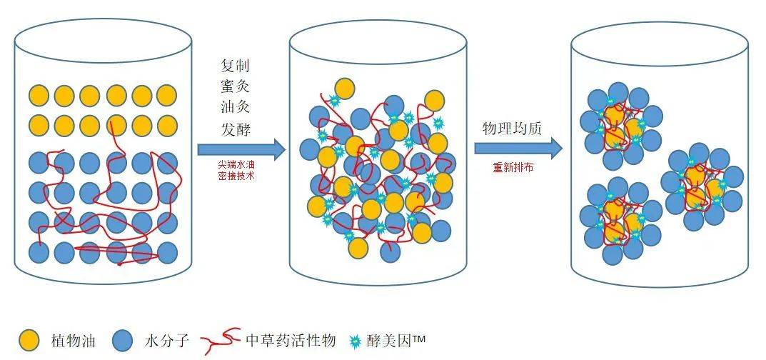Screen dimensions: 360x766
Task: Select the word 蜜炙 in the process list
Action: click(x=236, y=87)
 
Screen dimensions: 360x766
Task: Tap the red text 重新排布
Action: click(x=513, y=168)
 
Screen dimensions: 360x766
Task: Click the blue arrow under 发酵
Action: click(x=241, y=149)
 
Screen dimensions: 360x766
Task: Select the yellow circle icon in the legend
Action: click(x=29, y=341)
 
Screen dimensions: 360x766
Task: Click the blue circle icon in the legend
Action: click(x=124, y=341)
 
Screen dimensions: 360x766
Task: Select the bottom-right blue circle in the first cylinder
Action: click(x=167, y=251)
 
